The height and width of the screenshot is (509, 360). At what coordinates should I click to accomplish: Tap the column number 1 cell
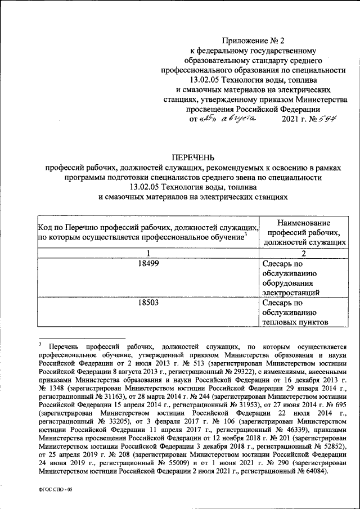[147, 253]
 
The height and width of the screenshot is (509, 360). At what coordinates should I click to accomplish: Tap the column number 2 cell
[303, 253]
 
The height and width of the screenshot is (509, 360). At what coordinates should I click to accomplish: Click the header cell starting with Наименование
[303, 232]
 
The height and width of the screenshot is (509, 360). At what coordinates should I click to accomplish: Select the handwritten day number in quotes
[206, 119]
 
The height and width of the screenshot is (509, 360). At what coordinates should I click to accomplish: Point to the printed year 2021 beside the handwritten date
[290, 119]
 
